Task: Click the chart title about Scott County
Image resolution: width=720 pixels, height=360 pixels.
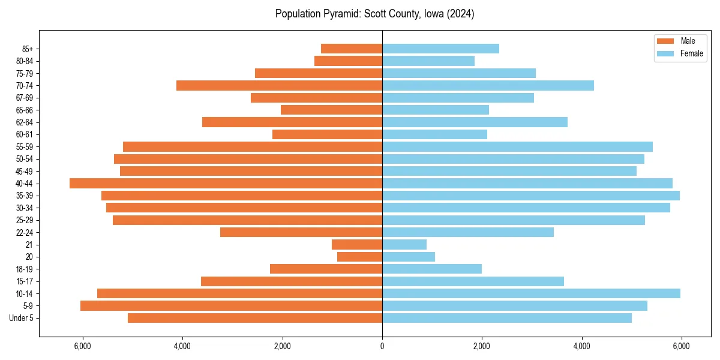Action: tap(374, 14)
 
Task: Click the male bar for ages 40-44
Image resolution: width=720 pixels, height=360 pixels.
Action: tap(226, 184)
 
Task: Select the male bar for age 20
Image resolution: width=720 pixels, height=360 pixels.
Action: tap(359, 257)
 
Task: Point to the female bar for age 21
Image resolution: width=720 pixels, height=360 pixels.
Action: tap(404, 245)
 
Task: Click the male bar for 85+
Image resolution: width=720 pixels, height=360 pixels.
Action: tap(352, 49)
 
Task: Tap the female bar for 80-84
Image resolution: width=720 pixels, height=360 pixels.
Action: tap(428, 61)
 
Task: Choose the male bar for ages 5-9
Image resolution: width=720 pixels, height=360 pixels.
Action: tap(231, 306)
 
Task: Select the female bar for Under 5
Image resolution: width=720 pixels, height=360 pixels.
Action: tap(507, 318)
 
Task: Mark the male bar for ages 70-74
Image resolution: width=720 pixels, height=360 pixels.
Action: tap(279, 86)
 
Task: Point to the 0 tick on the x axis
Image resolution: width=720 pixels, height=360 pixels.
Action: tap(382, 346)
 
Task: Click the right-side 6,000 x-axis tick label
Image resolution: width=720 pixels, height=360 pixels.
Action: tap(681, 346)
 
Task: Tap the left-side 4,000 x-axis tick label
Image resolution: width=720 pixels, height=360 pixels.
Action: tap(182, 346)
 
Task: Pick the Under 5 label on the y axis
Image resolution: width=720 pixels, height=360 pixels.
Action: tap(22, 318)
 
